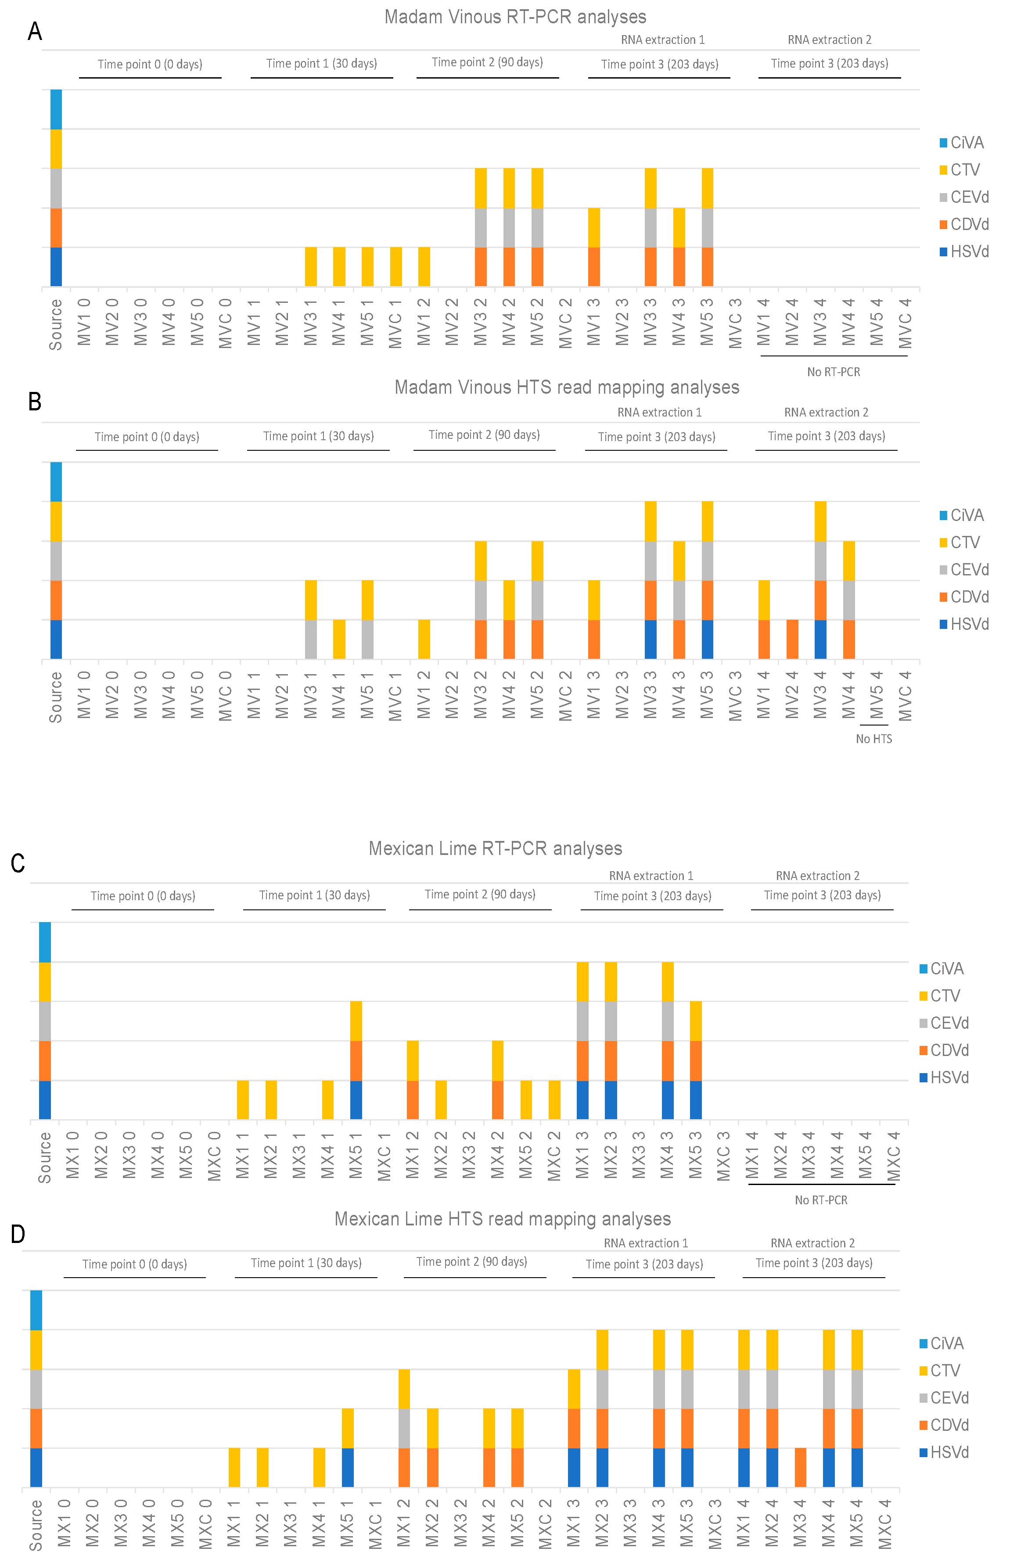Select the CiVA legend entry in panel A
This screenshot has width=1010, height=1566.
[x=962, y=143]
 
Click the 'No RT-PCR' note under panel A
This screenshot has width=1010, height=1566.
[x=833, y=372]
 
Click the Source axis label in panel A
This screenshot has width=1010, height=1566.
[x=56, y=325]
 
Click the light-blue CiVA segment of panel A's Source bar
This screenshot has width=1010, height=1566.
[x=56, y=110]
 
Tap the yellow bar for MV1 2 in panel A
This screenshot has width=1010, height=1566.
[x=424, y=267]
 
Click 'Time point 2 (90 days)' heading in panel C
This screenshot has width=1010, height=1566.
[x=480, y=894]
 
